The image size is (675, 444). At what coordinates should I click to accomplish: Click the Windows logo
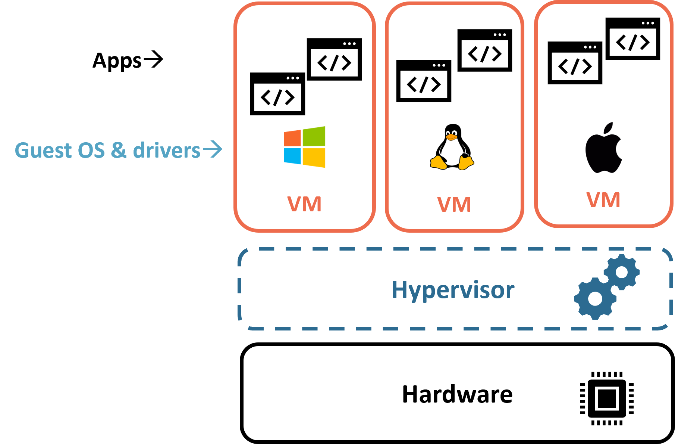[304, 147]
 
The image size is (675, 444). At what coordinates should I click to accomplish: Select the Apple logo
[603, 149]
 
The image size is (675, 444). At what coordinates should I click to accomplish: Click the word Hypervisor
[453, 290]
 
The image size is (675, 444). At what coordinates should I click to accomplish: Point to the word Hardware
[457, 394]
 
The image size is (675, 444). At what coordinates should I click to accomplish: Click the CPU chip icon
[607, 398]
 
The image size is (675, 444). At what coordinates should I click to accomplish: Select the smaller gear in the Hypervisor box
[622, 272]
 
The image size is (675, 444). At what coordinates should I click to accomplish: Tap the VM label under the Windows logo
[304, 204]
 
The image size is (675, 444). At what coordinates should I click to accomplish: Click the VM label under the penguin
[454, 205]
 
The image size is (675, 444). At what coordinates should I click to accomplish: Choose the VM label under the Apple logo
[603, 200]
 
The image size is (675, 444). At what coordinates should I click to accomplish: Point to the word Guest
[43, 150]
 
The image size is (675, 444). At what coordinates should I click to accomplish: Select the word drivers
[167, 150]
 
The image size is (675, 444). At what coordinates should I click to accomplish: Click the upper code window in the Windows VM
[334, 59]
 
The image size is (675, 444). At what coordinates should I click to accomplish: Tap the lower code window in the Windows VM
[277, 94]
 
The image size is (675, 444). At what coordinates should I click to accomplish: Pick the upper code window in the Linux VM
[484, 50]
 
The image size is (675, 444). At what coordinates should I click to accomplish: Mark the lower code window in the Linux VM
[424, 81]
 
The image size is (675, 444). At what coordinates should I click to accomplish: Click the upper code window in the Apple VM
[632, 39]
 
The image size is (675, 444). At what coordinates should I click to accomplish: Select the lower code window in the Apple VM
[575, 63]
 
